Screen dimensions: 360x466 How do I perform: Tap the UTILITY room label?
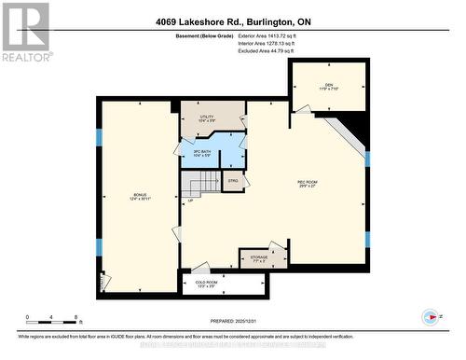tap(207, 117)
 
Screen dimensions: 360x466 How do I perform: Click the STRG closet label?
tap(233, 179)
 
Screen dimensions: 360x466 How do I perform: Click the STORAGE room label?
tap(261, 257)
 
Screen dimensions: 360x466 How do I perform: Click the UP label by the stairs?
tap(190, 201)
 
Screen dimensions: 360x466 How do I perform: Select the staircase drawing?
tap(200, 181)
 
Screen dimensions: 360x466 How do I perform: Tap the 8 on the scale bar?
tap(75, 317)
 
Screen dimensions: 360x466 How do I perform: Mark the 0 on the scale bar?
tap(27, 317)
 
